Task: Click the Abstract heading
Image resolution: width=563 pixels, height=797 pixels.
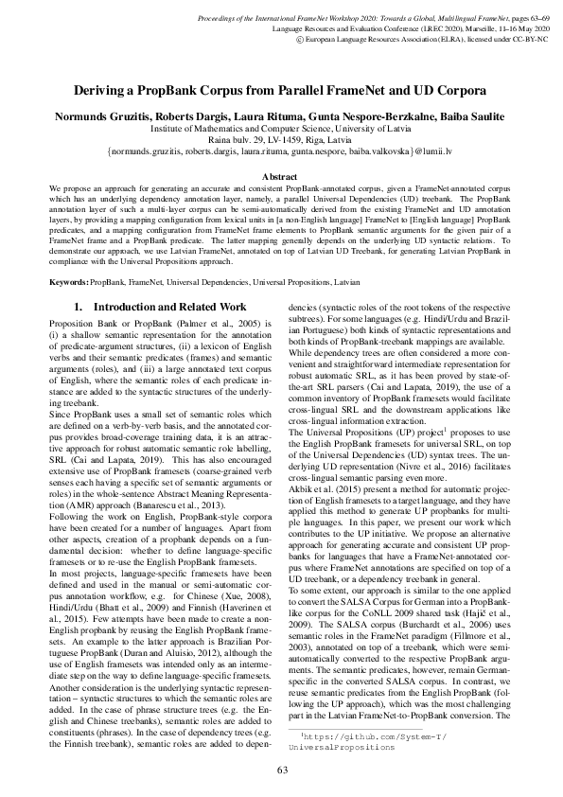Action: click(x=281, y=177)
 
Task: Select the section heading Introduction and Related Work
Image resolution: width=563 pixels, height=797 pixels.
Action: click(x=158, y=308)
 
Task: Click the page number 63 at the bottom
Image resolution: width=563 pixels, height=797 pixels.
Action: click(x=281, y=770)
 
